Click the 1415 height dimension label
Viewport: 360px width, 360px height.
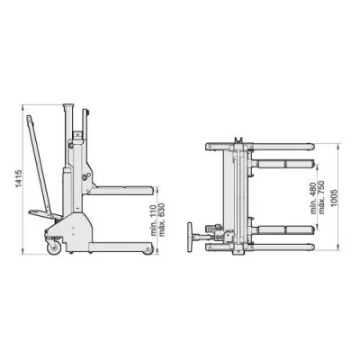point(18,179)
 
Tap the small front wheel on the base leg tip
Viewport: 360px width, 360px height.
point(148,250)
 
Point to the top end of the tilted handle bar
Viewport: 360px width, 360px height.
point(30,118)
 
